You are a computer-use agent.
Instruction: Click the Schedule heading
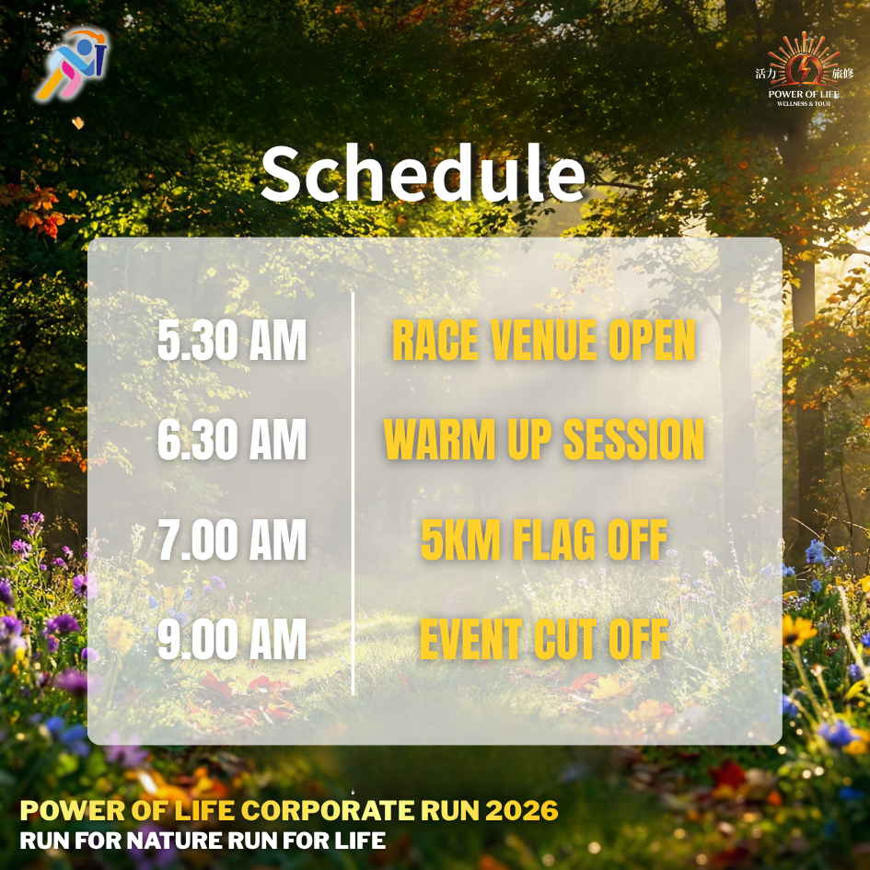pyautogui.click(x=423, y=173)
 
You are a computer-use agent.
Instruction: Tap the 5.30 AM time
pyautogui.click(x=232, y=340)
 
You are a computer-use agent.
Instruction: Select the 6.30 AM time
pyautogui.click(x=232, y=439)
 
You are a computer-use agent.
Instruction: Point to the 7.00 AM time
pyautogui.click(x=232, y=539)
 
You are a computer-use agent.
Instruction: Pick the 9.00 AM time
pyautogui.click(x=232, y=639)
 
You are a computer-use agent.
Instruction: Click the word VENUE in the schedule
pyautogui.click(x=543, y=340)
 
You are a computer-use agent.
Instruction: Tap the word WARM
pyautogui.click(x=439, y=439)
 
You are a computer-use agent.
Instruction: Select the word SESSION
pyautogui.click(x=634, y=439)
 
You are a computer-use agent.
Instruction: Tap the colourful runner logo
pyautogui.click(x=72, y=64)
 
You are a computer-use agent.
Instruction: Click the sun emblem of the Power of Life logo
pyautogui.click(x=804, y=60)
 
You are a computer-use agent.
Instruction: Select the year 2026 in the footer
pyautogui.click(x=522, y=811)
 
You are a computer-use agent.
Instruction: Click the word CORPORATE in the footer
pyautogui.click(x=328, y=811)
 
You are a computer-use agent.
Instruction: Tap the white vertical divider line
pyautogui.click(x=353, y=493)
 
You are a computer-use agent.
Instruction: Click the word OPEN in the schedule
pyautogui.click(x=652, y=340)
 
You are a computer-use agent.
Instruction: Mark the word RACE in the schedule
pyautogui.click(x=435, y=340)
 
